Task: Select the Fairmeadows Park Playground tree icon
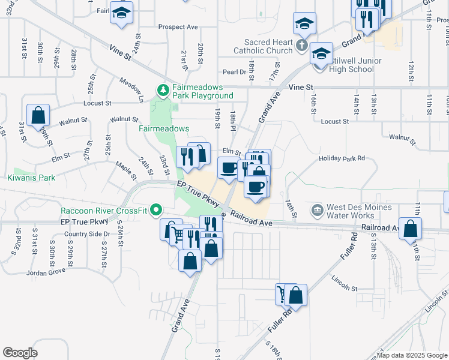click(162, 91)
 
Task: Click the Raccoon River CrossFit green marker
click(157, 210)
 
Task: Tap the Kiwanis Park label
click(31, 178)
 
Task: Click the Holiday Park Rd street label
click(342, 159)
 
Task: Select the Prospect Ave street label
click(178, 27)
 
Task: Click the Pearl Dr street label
click(235, 72)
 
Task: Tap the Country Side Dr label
click(85, 234)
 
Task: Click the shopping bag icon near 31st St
click(38, 115)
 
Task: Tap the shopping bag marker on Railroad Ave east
click(410, 228)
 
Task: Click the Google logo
click(20, 353)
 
